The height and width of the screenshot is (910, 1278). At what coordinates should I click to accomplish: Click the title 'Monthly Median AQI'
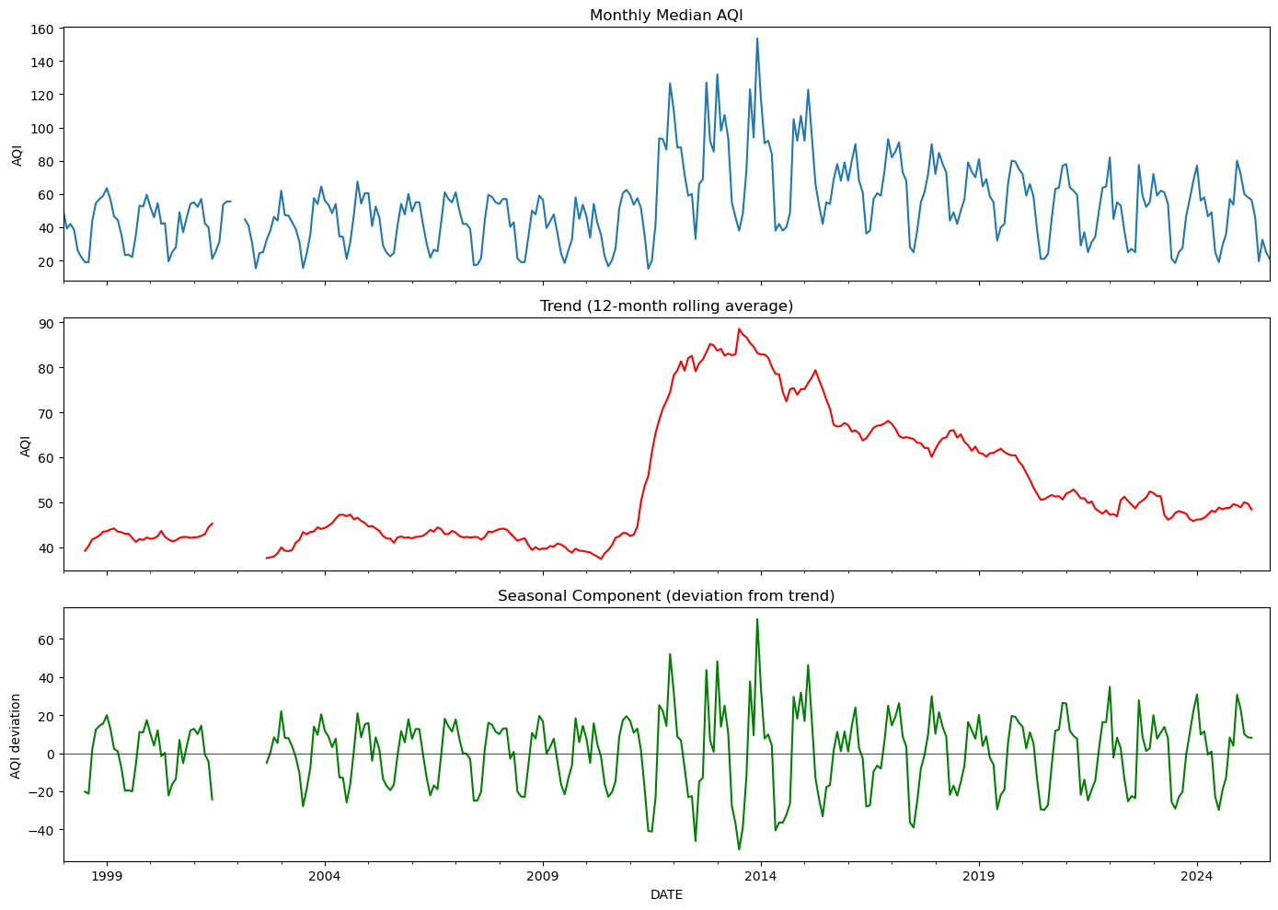[x=666, y=16]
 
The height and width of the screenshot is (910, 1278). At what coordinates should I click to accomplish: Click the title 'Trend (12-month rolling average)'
[x=666, y=306]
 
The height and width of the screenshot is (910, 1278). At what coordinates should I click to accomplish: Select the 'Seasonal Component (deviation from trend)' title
[x=666, y=596]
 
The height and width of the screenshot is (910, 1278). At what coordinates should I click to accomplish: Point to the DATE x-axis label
[x=666, y=894]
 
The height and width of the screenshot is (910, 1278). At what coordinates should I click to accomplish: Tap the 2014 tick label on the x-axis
[x=760, y=876]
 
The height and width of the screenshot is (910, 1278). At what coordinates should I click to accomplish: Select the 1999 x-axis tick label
[x=107, y=876]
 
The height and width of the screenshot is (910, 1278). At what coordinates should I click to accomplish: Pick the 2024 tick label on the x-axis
[x=1196, y=876]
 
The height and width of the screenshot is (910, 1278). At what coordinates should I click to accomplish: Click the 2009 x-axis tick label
[x=543, y=876]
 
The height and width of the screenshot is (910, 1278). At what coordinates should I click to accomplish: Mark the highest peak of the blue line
[x=757, y=39]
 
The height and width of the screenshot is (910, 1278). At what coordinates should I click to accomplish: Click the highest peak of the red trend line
[x=738, y=329]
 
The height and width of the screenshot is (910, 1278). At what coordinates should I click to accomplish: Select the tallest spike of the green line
[x=757, y=619]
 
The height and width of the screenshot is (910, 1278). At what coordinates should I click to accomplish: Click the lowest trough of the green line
[x=739, y=849]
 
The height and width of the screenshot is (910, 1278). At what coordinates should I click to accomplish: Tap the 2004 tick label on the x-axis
[x=325, y=876]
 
